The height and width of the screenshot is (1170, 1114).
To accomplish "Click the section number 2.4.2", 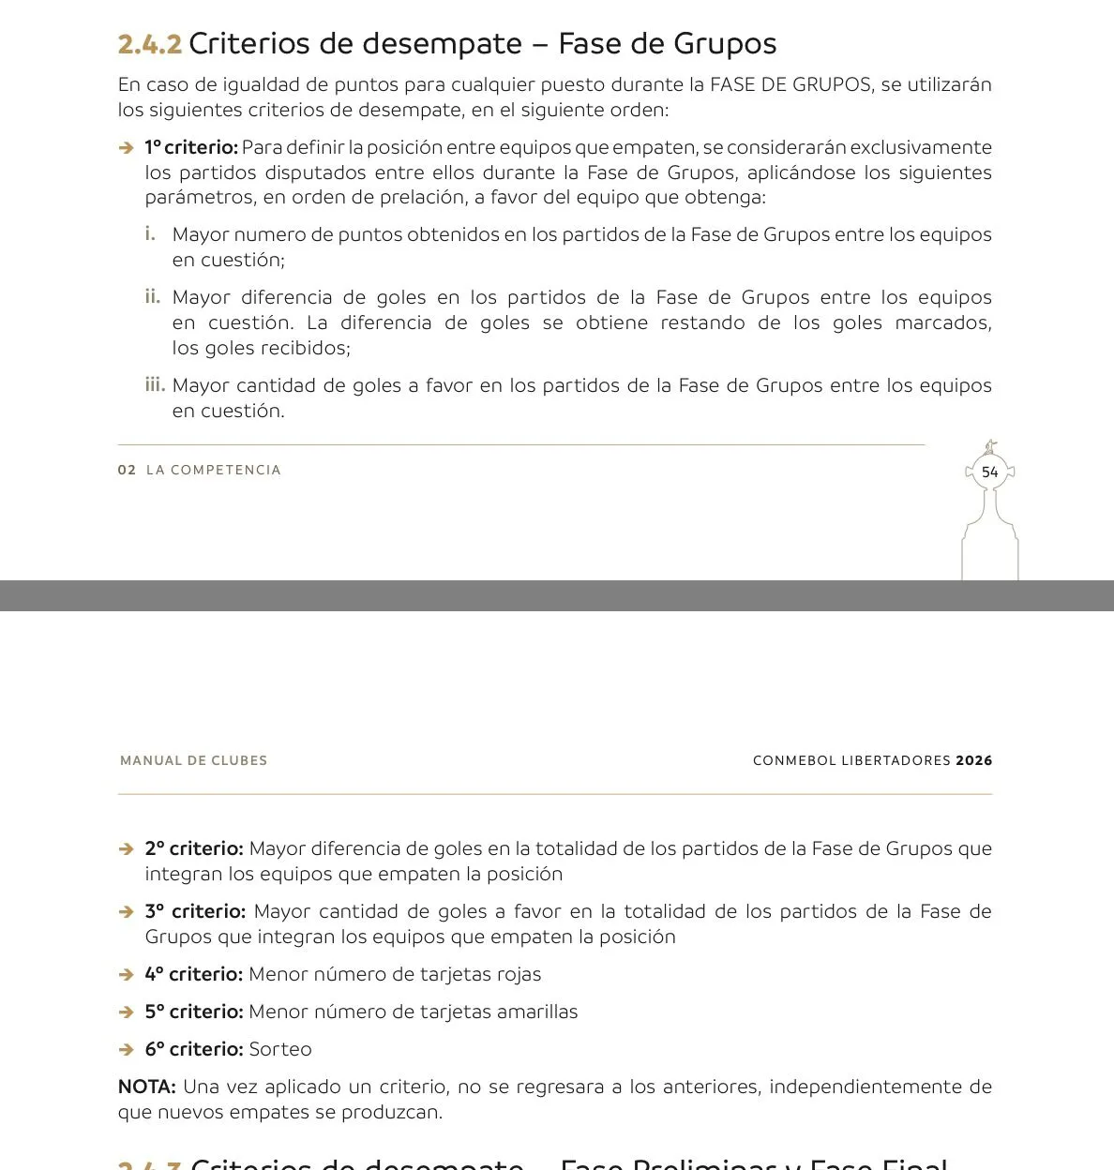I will (149, 44).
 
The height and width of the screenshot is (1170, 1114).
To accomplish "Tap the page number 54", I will (989, 472).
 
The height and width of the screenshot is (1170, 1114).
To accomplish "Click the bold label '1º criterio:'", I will (191, 147).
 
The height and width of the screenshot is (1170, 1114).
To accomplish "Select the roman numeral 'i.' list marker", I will (150, 233).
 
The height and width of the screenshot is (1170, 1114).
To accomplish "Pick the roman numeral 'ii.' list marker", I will (153, 296).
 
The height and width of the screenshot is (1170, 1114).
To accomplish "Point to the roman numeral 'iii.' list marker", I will (155, 384).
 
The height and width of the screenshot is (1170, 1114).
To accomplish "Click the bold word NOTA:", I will (146, 1087).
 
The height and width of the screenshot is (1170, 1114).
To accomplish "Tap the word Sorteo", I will (279, 1049).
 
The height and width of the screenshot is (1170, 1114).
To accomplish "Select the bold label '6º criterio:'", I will (194, 1049).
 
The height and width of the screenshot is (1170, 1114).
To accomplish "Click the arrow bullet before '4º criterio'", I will (127, 975).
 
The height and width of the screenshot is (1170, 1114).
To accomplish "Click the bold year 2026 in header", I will (973, 760).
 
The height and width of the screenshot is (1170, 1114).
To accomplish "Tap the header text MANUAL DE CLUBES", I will (193, 760).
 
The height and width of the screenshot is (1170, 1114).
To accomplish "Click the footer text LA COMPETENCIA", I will (214, 470).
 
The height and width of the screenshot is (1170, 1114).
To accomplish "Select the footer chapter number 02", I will (127, 470).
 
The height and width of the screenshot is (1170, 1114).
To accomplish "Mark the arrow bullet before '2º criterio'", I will (127, 849).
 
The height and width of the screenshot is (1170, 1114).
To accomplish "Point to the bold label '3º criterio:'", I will (195, 911).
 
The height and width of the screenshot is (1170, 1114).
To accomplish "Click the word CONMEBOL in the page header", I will (794, 760).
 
